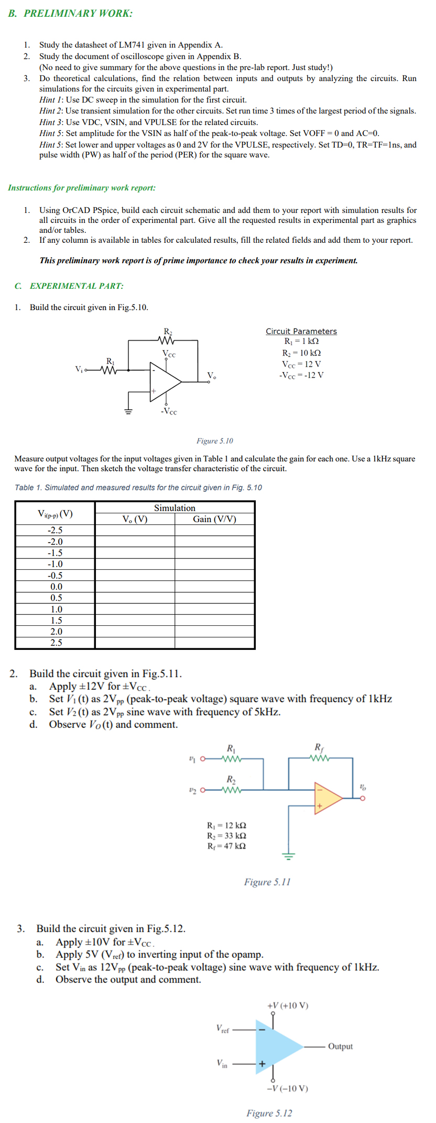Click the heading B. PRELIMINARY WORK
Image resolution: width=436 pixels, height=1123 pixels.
(x=70, y=14)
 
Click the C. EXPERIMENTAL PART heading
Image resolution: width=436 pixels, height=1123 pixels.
(x=69, y=286)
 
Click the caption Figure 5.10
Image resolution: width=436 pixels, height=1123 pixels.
(x=215, y=441)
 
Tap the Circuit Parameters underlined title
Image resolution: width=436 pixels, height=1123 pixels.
(x=301, y=331)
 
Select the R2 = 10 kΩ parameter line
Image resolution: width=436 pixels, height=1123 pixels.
(x=301, y=353)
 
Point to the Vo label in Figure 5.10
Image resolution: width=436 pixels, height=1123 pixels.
(x=211, y=376)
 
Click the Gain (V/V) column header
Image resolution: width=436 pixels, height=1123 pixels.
(x=214, y=519)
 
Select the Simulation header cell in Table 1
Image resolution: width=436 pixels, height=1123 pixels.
(x=175, y=508)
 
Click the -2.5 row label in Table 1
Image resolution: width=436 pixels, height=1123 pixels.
(x=55, y=530)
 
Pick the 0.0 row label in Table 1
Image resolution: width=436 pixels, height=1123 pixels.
(x=56, y=587)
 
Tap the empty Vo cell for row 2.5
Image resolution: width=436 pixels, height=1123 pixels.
(x=135, y=643)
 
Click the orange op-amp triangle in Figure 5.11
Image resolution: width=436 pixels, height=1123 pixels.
(x=326, y=798)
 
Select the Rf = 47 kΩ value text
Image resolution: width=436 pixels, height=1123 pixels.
(x=227, y=846)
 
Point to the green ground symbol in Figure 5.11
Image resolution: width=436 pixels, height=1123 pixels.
(x=289, y=856)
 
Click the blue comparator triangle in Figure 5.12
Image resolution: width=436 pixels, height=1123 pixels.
(x=276, y=1047)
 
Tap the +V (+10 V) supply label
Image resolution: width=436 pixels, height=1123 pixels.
(x=288, y=1005)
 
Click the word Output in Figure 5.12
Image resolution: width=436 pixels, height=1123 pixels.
(x=340, y=1047)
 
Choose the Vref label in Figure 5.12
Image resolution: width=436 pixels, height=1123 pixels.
(x=223, y=1028)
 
